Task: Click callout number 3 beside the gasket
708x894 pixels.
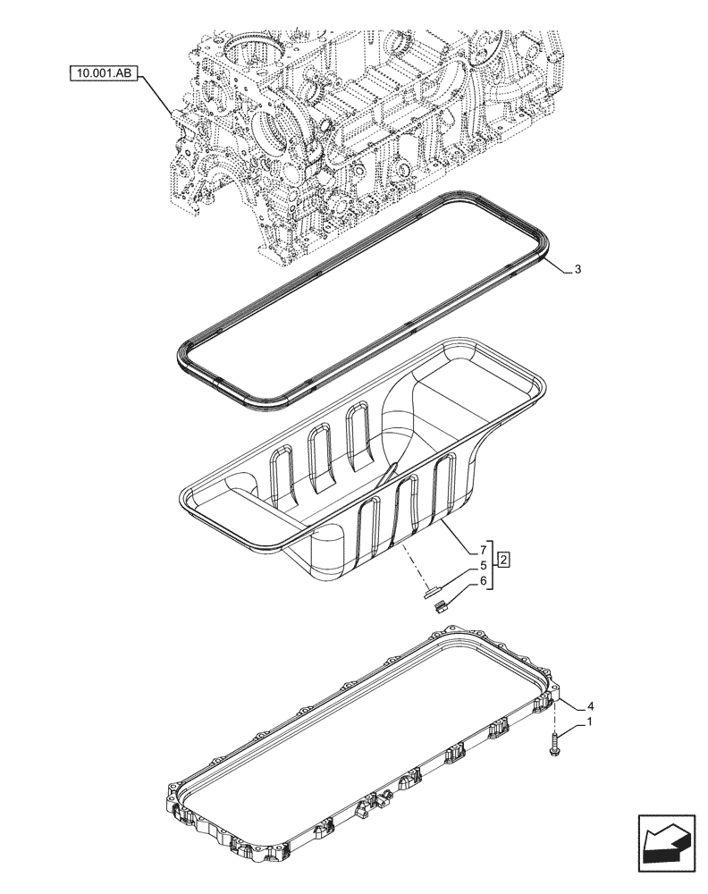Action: pyautogui.click(x=578, y=269)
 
